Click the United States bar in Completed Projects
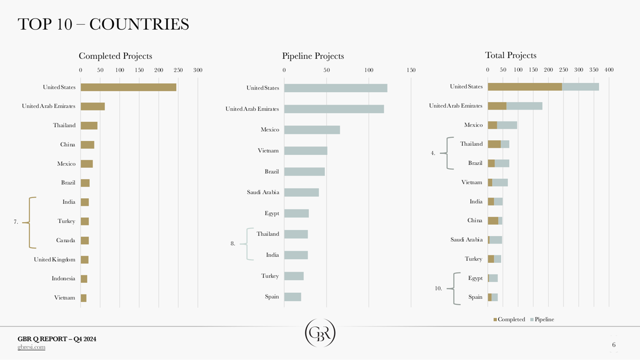[128, 87]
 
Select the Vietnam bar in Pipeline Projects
[305, 150]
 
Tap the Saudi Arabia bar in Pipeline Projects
[301, 192]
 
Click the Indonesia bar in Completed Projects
[84, 278]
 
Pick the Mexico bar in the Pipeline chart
[312, 130]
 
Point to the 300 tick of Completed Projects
[197, 70]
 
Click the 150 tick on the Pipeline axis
[411, 70]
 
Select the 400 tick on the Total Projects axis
[609, 69]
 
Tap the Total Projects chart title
[510, 55]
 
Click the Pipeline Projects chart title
[313, 56]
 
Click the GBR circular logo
[320, 333]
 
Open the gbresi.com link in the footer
[31, 347]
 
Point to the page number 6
[613, 344]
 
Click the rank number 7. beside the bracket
[16, 222]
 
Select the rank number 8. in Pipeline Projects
[232, 243]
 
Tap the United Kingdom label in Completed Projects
[54, 259]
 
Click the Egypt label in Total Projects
[475, 278]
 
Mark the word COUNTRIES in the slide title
[139, 24]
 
